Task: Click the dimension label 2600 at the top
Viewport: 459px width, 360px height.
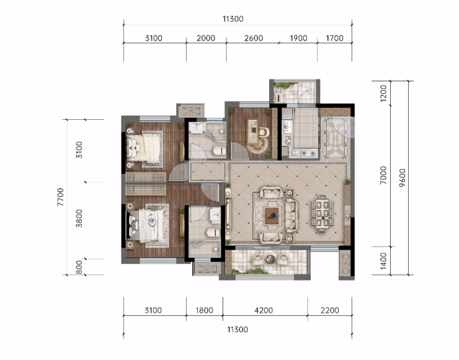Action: [x=254, y=38]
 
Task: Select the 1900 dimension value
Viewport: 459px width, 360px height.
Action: [x=298, y=38]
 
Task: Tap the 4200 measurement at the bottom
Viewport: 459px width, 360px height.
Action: [x=264, y=310]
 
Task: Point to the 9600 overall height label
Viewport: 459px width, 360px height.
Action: [x=403, y=178]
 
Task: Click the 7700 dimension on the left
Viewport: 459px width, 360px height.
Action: [x=60, y=197]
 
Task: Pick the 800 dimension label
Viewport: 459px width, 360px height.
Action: [x=79, y=267]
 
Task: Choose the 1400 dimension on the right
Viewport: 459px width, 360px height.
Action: [x=383, y=261]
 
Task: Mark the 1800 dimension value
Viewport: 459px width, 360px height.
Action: [x=204, y=310]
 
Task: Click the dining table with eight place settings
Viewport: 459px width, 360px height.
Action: [x=323, y=214]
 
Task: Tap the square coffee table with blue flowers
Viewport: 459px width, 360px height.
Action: [x=272, y=215]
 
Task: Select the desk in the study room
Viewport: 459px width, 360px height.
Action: [x=253, y=132]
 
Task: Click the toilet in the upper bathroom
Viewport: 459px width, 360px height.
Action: [x=220, y=151]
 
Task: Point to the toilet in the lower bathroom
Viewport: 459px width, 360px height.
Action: [x=213, y=233]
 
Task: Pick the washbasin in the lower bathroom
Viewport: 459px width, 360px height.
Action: [x=215, y=214]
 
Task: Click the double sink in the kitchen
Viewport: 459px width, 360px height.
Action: [x=287, y=127]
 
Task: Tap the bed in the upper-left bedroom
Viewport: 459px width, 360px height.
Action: [x=145, y=146]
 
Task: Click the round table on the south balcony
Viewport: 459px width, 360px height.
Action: [x=270, y=259]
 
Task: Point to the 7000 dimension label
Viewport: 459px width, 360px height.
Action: [x=383, y=175]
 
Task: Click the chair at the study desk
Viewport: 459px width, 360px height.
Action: [x=264, y=132]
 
